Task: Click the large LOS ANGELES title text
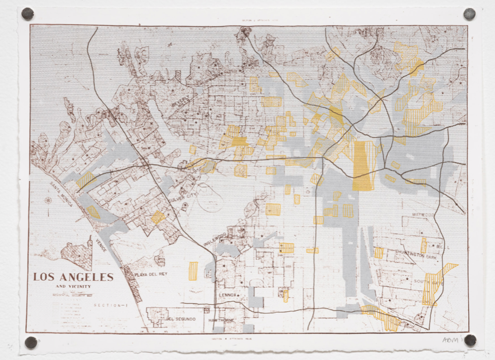pyautogui.click(x=73, y=277)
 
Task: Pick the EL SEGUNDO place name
pyautogui.click(x=182, y=319)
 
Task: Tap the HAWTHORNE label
pyautogui.click(x=224, y=320)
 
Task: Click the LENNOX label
pyautogui.click(x=228, y=295)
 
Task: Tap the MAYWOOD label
pyautogui.click(x=424, y=215)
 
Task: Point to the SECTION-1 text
pyautogui.click(x=111, y=306)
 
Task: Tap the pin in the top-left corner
pyautogui.click(x=28, y=13)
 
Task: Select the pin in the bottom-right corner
pyautogui.click(x=470, y=340)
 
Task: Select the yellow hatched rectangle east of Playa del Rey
pyautogui.click(x=193, y=271)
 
